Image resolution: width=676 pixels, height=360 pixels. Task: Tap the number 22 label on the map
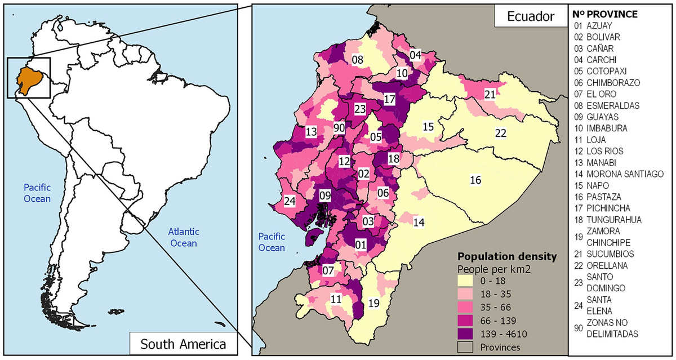click(x=501, y=133)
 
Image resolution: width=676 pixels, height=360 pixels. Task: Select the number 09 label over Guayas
click(x=325, y=196)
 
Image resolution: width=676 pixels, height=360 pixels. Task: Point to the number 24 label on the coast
click(x=290, y=201)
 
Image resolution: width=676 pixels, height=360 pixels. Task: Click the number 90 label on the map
click(x=339, y=128)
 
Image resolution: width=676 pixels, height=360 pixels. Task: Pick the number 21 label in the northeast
click(x=490, y=94)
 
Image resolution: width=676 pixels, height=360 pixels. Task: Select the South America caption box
click(x=183, y=344)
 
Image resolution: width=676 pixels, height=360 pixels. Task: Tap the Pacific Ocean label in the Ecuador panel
click(x=272, y=242)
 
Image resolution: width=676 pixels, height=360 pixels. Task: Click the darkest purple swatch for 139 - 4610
click(x=468, y=335)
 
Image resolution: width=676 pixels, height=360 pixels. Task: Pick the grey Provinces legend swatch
click(x=468, y=348)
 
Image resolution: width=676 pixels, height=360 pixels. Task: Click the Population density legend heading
click(x=507, y=256)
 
